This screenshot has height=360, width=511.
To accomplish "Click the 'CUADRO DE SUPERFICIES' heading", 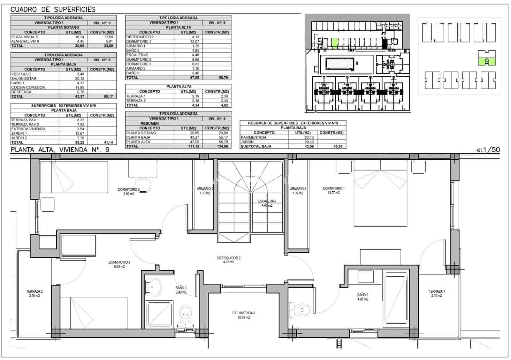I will coord(53,9).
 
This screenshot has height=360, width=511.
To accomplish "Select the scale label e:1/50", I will coord(488,150).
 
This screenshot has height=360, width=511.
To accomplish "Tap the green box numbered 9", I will coord(487,62).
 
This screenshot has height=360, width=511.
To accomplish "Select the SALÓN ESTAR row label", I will coord(24,78).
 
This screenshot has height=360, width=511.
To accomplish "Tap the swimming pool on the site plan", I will coord(339,64).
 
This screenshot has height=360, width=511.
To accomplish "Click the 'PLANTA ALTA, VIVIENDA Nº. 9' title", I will coord(60,150).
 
